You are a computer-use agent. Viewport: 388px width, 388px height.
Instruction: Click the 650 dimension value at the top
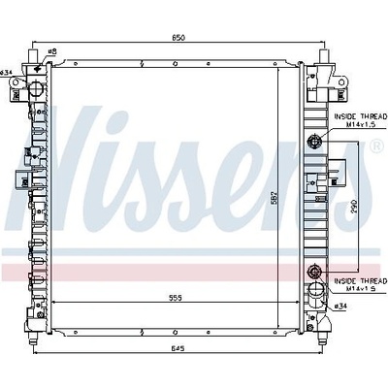[x=178, y=38]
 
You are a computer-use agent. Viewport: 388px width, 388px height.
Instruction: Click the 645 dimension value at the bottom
[x=178, y=348]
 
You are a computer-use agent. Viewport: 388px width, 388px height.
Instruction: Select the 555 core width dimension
[x=175, y=298]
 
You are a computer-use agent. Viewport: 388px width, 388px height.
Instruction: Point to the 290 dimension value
[x=353, y=206]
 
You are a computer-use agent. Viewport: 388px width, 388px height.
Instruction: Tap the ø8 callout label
[x=52, y=51]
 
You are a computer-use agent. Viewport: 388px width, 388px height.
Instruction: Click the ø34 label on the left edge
[x=6, y=73]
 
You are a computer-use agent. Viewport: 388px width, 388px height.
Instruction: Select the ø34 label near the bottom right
[x=340, y=306]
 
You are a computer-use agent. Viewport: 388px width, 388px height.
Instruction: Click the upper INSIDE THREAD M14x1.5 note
[x=361, y=120]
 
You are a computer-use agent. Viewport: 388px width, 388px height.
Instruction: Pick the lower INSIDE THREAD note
[x=361, y=285]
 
